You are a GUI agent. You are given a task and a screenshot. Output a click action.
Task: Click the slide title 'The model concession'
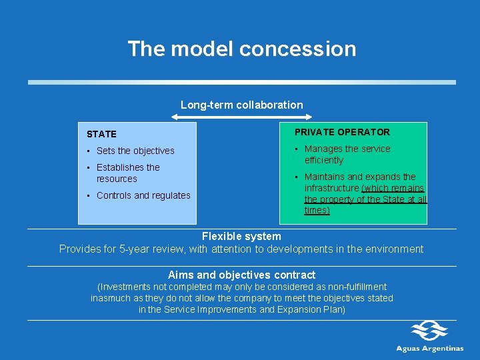[x=241, y=49]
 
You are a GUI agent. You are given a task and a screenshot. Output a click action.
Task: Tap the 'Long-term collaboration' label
[x=241, y=105]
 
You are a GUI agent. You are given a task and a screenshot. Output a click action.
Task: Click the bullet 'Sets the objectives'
[x=135, y=151]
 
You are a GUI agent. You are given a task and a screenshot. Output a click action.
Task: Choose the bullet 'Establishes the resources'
[x=128, y=173]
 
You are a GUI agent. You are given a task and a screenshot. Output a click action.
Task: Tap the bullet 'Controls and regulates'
[x=143, y=195]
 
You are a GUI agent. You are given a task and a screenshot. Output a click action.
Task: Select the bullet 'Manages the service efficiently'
[x=347, y=154]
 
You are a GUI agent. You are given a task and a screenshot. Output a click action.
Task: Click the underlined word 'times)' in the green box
[x=317, y=210]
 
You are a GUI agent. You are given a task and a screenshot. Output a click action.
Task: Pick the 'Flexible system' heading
[x=241, y=236]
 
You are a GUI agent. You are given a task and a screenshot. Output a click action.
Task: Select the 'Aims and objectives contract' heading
[x=241, y=275]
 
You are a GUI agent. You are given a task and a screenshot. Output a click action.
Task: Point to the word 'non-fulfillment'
[x=355, y=287]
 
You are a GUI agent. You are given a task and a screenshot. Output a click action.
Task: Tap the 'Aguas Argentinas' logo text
[x=430, y=348]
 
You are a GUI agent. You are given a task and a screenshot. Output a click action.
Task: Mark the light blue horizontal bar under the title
[x=241, y=82]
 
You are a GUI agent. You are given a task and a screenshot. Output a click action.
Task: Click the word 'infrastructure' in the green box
[x=332, y=188]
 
